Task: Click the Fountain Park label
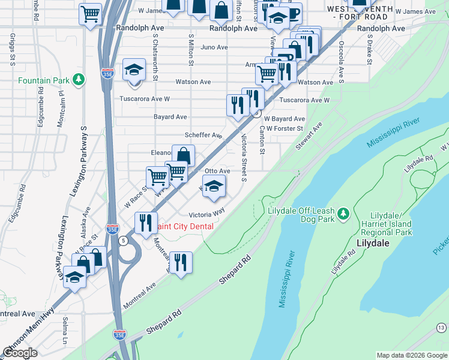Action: click(x=43, y=80)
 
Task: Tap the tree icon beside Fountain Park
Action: click(x=77, y=80)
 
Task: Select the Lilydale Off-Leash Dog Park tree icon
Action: click(x=343, y=213)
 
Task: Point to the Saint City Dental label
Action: click(x=184, y=226)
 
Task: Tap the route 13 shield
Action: click(x=441, y=327)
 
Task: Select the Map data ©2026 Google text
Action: click(x=411, y=355)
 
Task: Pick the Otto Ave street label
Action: click(x=217, y=172)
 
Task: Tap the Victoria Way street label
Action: click(x=206, y=214)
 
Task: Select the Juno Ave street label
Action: click(x=215, y=47)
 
